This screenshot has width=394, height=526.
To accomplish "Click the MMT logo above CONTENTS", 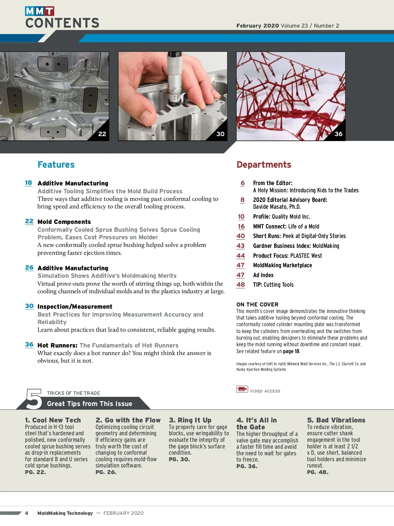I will tap(39, 11).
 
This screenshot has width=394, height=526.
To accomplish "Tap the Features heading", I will tap(56, 165).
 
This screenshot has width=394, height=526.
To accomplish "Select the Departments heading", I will tap(264, 165).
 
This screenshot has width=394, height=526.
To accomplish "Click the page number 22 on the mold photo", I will tap(102, 134).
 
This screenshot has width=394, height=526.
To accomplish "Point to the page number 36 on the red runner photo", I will tap(338, 134).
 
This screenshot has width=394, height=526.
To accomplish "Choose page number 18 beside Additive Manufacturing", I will tap(29, 183).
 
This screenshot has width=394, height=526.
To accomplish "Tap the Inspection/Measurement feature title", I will tap(75, 307).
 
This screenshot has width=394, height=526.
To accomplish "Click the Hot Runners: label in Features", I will tap(57, 346).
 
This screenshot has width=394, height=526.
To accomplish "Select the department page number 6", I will tap(243, 183).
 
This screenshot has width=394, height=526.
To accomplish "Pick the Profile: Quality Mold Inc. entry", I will tap(281, 217).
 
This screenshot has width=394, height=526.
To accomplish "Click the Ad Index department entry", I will tap(263, 275).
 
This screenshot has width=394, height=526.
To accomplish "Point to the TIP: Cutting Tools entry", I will tap(273, 285).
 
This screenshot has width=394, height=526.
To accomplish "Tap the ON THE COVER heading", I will tap(257, 304).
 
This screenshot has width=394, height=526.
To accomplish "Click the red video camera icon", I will tap(242, 389).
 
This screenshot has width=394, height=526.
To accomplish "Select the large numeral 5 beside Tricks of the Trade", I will tap(34, 399).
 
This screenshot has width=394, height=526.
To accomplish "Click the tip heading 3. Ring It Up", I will tap(190, 420).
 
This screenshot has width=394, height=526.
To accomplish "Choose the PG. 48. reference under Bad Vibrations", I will tap(317, 472).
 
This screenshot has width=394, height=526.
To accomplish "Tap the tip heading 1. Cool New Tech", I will tap(53, 420).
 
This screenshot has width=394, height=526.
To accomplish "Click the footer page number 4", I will tap(27, 513).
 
